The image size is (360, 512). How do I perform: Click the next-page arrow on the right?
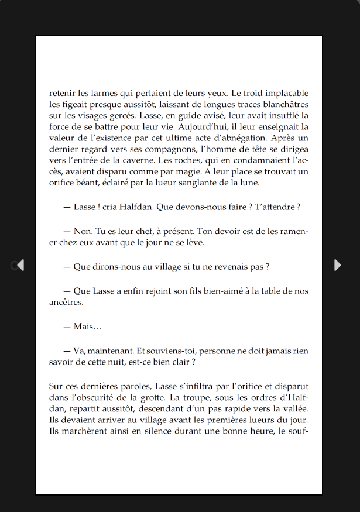(x=337, y=265)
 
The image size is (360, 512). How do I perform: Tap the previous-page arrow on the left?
(x=20, y=265)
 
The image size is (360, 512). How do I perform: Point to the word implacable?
(x=287, y=93)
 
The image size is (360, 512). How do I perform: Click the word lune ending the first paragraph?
(x=249, y=183)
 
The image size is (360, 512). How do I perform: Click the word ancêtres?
(x=66, y=303)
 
